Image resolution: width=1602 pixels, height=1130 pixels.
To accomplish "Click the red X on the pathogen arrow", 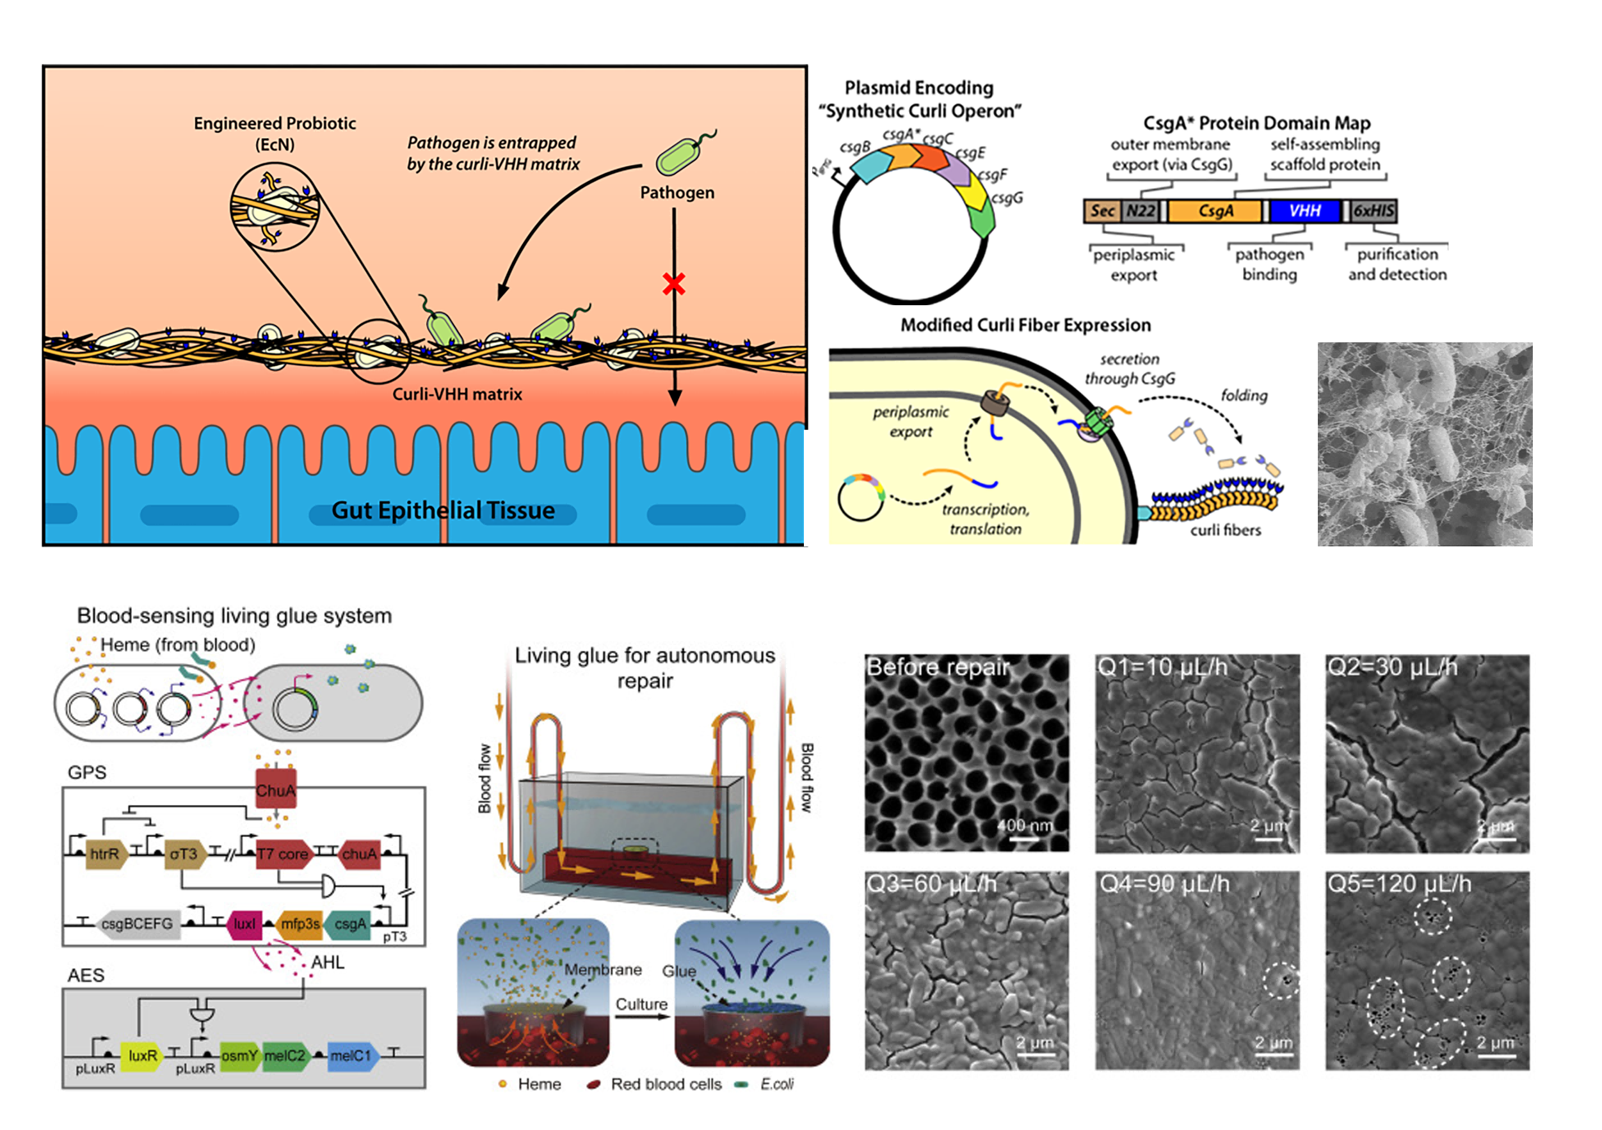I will click(673, 283).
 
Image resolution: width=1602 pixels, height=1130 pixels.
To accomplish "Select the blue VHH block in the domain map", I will click(1304, 211).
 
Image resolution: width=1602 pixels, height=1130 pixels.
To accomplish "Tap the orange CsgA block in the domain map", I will click(1215, 211).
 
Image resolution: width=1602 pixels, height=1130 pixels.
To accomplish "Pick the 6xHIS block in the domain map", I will click(1373, 211).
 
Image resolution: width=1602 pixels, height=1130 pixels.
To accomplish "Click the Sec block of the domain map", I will click(1102, 211).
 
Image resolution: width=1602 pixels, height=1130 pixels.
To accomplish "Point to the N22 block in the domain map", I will click(1140, 211).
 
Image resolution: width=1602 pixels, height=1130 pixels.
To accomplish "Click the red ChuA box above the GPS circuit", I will click(276, 790).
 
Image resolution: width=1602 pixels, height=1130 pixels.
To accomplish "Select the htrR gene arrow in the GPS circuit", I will click(106, 854).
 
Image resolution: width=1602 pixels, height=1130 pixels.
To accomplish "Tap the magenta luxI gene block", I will click(244, 923).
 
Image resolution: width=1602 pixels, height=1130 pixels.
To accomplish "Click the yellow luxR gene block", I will click(141, 1055).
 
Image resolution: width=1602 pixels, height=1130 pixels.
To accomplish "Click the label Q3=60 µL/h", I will click(931, 884).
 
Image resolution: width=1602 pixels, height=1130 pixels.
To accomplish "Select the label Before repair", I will click(938, 667).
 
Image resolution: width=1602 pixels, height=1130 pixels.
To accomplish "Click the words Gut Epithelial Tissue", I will click(443, 511).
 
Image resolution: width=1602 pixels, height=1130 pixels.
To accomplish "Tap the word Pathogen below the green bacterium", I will click(677, 193).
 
